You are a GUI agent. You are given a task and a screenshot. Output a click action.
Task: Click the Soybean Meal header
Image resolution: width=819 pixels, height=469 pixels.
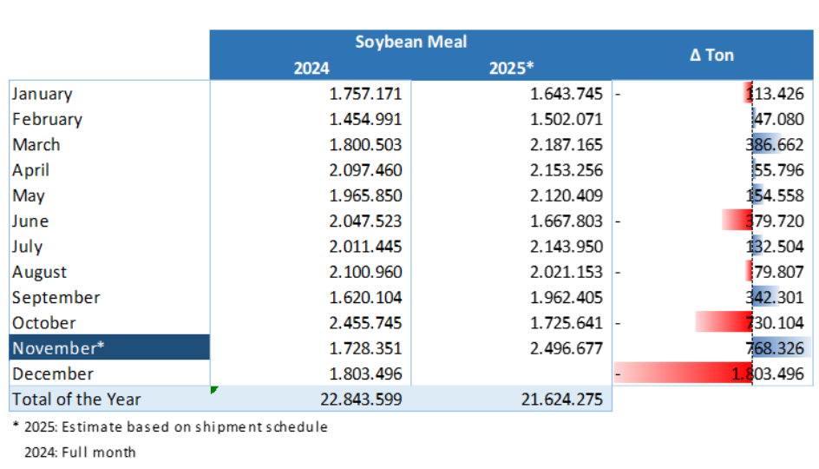pyautogui.click(x=410, y=42)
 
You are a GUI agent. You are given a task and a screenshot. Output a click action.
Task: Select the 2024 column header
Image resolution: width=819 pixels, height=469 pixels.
pyautogui.click(x=311, y=69)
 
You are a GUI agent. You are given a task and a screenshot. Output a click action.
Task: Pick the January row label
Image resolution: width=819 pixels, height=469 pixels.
pyautogui.click(x=43, y=94)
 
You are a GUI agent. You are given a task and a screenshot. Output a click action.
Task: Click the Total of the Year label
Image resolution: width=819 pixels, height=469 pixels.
pyautogui.click(x=76, y=399)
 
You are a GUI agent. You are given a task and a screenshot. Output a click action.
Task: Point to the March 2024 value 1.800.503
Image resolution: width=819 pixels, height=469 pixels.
pyautogui.click(x=365, y=145)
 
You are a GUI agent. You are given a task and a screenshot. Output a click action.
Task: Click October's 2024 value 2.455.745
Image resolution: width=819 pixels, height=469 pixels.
pyautogui.click(x=365, y=322)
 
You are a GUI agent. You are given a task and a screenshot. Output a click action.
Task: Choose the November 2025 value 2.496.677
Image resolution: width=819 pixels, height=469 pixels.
pyautogui.click(x=567, y=347)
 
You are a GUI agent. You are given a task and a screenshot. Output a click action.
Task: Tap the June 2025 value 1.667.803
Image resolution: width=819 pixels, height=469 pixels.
pyautogui.click(x=567, y=221)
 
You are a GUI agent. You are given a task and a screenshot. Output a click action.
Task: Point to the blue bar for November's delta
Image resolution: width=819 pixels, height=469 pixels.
pyautogui.click(x=781, y=347)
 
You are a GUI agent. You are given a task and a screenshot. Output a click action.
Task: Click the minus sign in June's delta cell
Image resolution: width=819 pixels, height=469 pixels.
pyautogui.click(x=619, y=221)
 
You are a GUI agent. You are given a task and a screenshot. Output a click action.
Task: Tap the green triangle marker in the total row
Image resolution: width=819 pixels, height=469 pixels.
pyautogui.click(x=213, y=389)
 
